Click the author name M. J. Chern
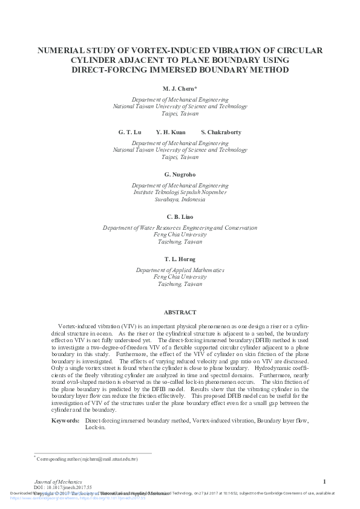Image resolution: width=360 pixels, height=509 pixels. tap(180, 89)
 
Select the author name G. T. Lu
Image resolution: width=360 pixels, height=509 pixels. tap(129, 132)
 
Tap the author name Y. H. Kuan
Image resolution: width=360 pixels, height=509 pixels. tap(171, 132)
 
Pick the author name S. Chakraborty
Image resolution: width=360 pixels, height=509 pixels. tap(221, 132)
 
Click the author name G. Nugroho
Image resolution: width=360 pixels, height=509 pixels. tap(180, 174)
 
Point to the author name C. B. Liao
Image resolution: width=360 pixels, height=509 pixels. tap(180, 216)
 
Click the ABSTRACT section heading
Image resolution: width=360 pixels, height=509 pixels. tap(180, 313)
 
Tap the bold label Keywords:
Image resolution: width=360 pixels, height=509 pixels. tap(65, 420)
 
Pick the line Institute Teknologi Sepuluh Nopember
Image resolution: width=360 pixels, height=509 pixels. tap(180, 192)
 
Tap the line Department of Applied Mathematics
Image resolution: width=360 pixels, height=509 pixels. tap(180, 270)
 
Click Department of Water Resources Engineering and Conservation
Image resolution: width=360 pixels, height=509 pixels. tap(180, 228)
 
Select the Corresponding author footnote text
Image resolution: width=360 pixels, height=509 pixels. tap(87, 459)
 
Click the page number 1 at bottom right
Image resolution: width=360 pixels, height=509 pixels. tap(325, 481)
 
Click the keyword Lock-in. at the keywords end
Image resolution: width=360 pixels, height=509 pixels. tap(95, 427)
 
